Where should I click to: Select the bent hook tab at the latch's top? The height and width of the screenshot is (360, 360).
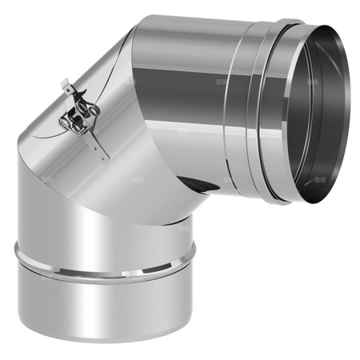click(x=67, y=85)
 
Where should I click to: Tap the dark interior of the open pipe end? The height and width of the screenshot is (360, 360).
click(x=316, y=112)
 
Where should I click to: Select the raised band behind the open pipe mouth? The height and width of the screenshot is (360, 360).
click(x=264, y=112)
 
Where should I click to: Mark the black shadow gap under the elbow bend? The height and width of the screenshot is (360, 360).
click(x=204, y=188)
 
